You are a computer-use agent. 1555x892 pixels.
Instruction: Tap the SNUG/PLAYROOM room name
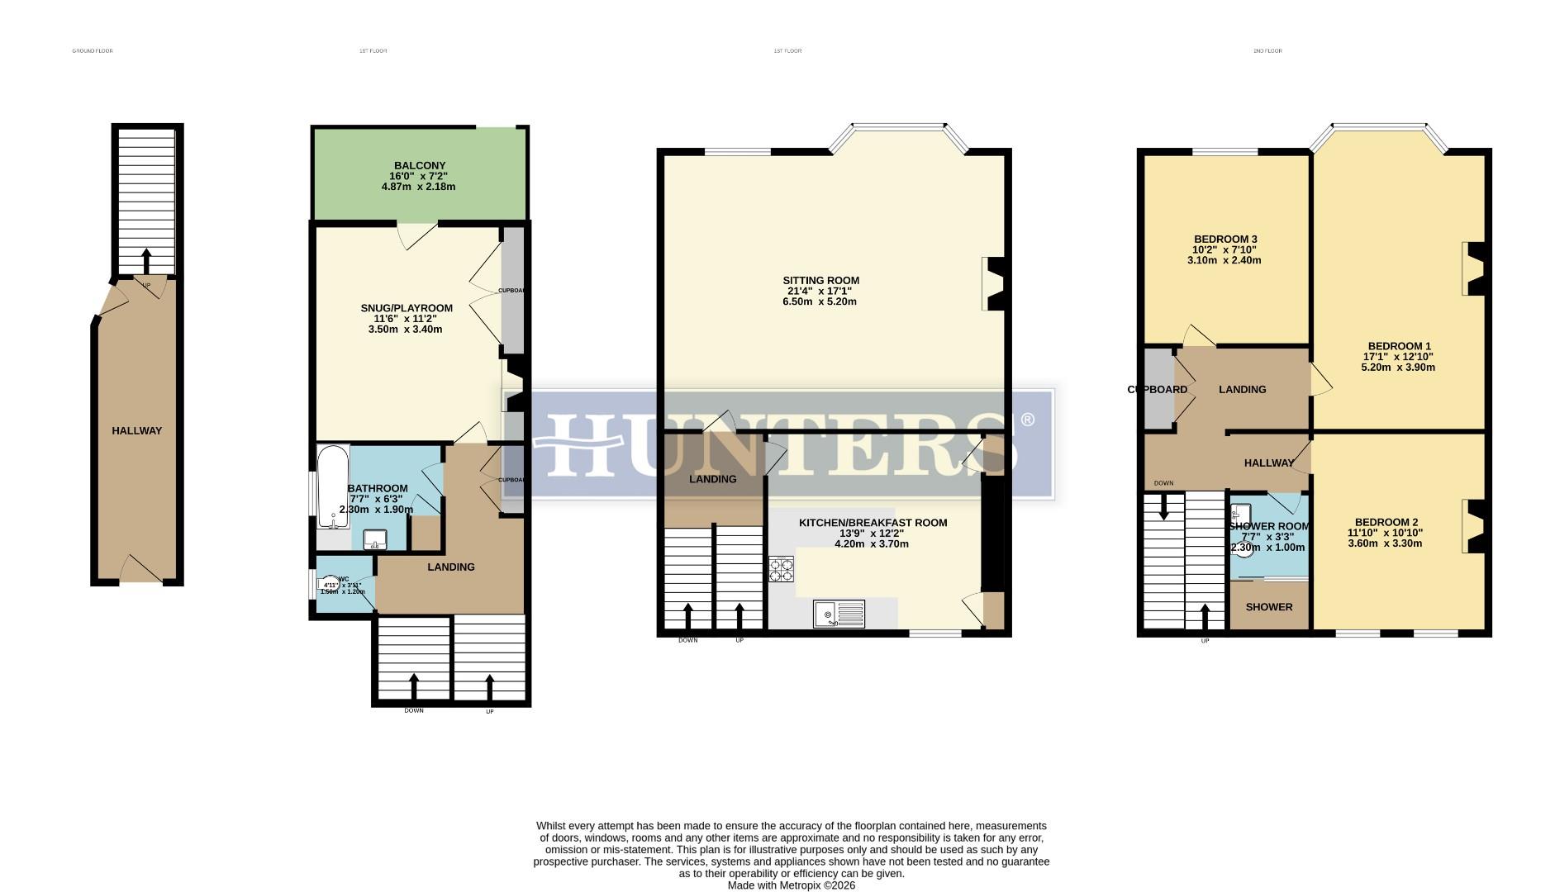coord(407,308)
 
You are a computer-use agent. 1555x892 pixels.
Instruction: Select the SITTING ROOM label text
coord(821,280)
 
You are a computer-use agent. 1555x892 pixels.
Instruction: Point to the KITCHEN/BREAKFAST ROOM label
coord(873,523)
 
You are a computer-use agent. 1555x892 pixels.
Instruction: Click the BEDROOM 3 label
coord(1225,240)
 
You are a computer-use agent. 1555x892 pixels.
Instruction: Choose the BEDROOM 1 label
coord(1399,346)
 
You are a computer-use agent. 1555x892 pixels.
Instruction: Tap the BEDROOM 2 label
coord(1386,522)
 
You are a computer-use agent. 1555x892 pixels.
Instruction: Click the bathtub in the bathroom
coord(333,486)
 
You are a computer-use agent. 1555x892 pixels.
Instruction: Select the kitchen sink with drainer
coord(839,614)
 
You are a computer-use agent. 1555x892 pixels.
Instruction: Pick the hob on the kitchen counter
coord(781,570)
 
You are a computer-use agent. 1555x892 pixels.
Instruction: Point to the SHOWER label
coord(1268,607)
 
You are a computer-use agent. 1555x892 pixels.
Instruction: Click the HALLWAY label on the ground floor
coord(137,430)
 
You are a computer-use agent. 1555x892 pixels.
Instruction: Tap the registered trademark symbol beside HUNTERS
coord(1027,420)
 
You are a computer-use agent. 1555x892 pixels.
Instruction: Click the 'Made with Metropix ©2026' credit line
coord(791,885)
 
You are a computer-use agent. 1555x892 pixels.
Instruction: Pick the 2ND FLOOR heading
coord(1267,51)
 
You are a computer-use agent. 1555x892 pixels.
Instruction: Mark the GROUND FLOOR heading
coord(93,51)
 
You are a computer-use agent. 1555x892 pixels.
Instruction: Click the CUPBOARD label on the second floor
coord(1157,390)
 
